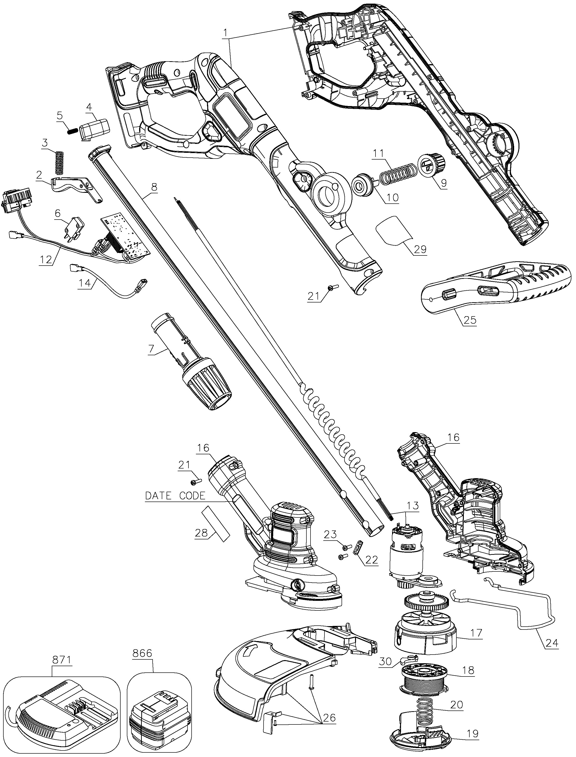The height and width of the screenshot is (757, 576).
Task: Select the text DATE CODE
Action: (175, 496)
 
